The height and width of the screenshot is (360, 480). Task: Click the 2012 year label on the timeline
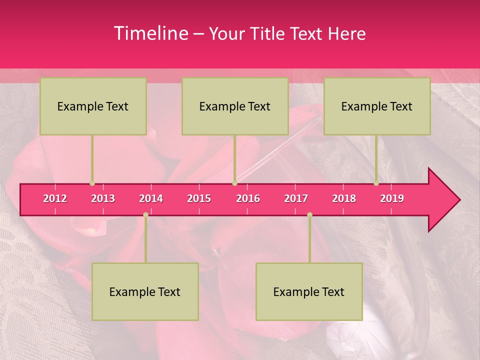point(55,198)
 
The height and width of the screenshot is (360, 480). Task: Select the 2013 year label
point(103,198)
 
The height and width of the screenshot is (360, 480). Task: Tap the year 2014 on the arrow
point(151,198)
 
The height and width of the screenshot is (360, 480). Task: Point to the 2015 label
point(199,198)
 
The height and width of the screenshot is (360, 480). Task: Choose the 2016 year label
point(248,198)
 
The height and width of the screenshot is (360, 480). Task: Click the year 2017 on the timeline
point(296,198)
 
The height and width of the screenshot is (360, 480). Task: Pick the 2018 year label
point(344,198)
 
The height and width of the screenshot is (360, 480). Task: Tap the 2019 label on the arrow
point(392,198)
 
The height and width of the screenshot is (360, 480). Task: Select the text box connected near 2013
point(93,106)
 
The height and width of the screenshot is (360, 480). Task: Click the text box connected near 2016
point(235,106)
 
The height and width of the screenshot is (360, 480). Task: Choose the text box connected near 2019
point(377,106)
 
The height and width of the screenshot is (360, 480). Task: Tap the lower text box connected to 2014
point(145,292)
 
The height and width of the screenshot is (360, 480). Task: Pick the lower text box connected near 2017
point(309,292)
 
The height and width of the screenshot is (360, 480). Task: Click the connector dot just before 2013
point(92,183)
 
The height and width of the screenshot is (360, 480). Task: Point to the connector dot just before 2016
point(235,183)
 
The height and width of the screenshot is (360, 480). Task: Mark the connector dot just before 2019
point(376,183)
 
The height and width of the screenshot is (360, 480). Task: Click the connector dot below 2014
point(145,215)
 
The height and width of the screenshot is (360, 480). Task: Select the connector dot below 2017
point(309,215)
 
